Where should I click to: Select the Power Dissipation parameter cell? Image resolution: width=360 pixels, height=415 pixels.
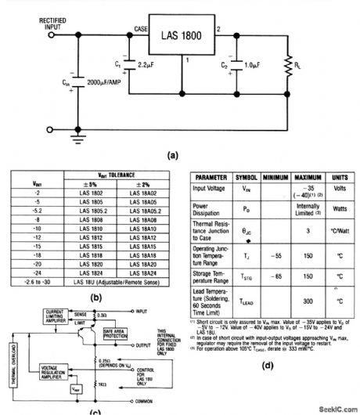(210, 209)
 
